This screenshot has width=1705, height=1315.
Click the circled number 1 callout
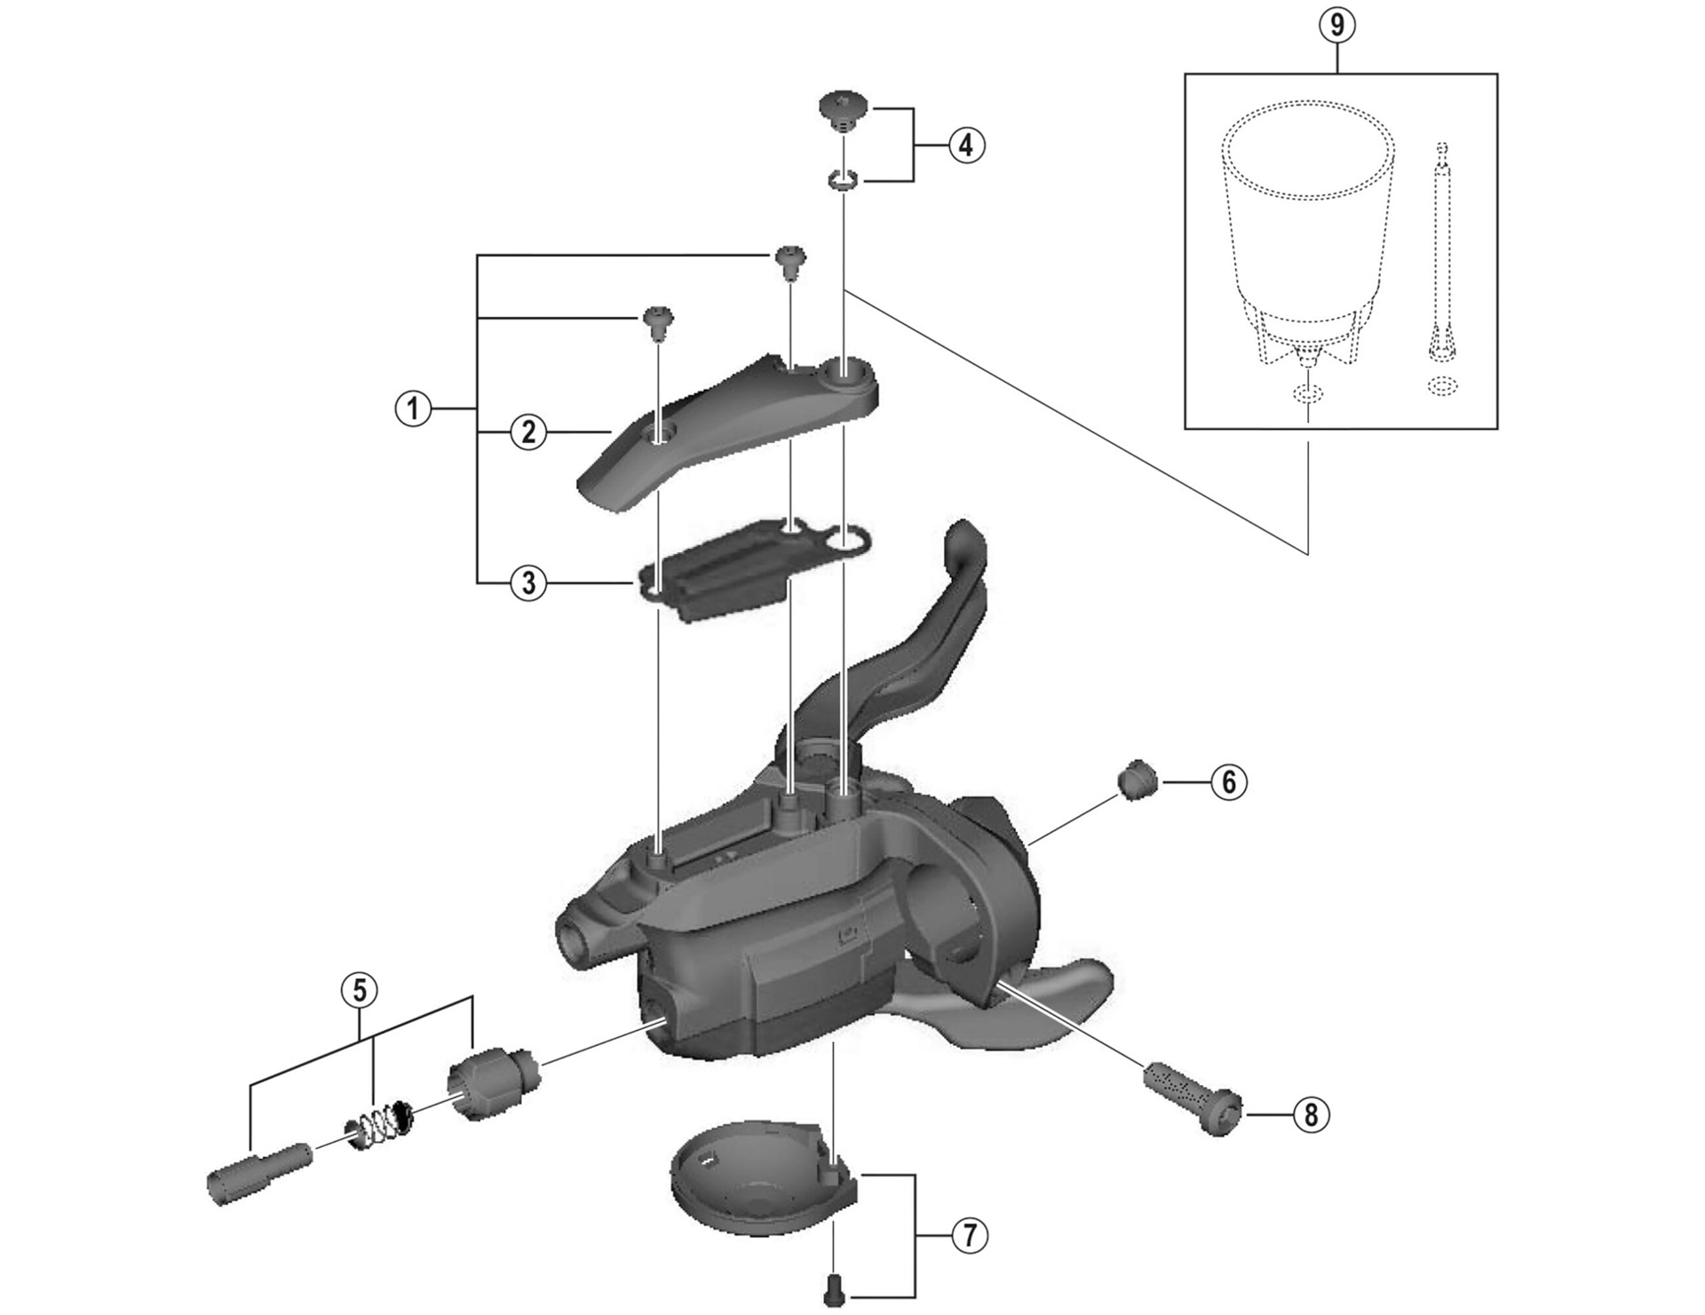[x=412, y=410]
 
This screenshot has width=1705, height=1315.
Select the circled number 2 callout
[x=528, y=432]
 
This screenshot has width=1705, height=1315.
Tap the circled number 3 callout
[x=528, y=583]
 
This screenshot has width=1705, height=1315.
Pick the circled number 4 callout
[x=966, y=145]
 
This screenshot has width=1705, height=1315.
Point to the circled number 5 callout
[x=360, y=990]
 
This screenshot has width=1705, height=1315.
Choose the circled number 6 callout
[x=1229, y=782]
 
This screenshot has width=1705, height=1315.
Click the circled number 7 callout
[x=969, y=1235]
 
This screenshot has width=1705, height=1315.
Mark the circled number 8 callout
[x=1312, y=1114]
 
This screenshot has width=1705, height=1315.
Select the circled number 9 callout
[x=1337, y=25]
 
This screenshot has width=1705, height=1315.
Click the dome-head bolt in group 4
[x=841, y=110]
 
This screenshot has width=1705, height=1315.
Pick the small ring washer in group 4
[x=841, y=181]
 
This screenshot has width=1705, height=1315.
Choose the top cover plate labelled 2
[x=728, y=426]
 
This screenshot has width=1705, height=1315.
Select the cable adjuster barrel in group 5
[x=491, y=1082]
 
